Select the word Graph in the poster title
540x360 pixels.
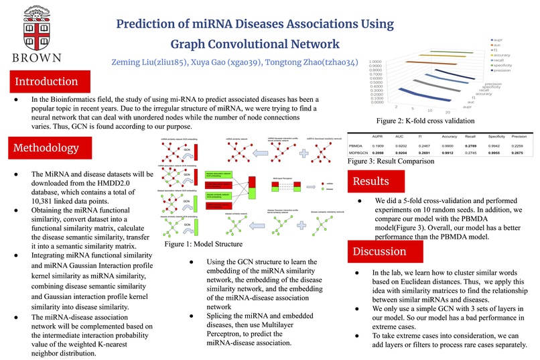tap(193, 45)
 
